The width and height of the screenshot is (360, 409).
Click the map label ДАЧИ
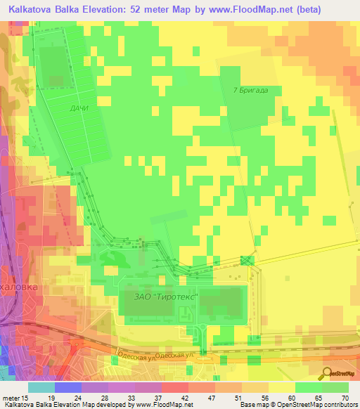[x=79, y=109]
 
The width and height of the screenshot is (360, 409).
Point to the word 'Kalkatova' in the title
[x=34, y=10]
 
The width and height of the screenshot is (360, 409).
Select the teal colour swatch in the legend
[x=41, y=387]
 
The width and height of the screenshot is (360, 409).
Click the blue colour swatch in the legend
[x=67, y=387]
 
